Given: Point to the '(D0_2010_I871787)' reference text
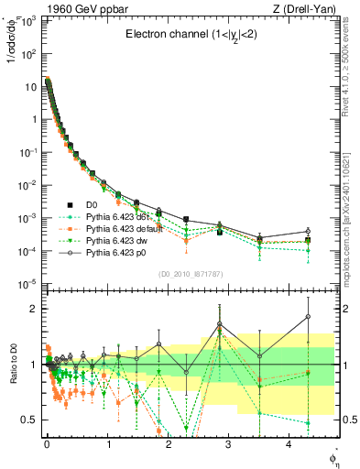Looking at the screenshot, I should point(190,273).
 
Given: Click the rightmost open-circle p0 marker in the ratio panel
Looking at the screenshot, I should point(308,317).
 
